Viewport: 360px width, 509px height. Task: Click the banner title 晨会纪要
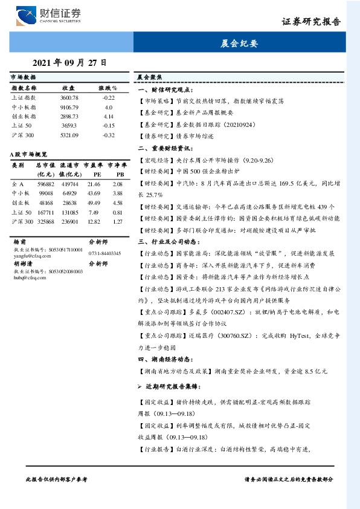point(240,44)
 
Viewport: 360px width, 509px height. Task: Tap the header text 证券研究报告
point(312,22)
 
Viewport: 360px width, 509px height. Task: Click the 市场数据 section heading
point(23,78)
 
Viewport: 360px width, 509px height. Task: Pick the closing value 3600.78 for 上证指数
point(69,97)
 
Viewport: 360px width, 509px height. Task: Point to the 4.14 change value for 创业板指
point(109,115)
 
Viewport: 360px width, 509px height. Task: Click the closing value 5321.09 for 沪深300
point(69,135)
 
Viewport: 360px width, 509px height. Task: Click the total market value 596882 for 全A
point(47,183)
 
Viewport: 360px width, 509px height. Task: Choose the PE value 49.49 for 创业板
point(94,203)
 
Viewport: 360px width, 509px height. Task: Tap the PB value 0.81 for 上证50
point(118,212)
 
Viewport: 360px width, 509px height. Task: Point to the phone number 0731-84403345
point(104,253)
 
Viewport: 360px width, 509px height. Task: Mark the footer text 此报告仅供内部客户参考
point(57,479)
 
